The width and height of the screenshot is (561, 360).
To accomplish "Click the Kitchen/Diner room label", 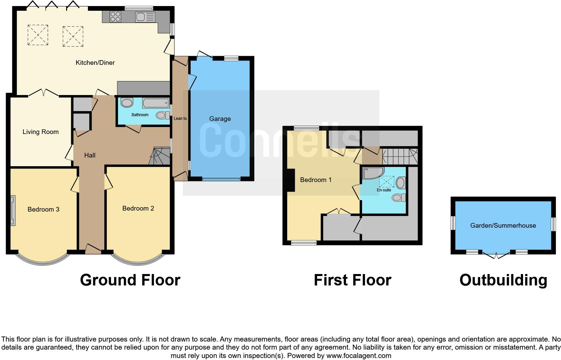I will click(x=95, y=63).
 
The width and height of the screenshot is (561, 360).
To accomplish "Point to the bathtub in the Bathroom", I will click(x=155, y=103).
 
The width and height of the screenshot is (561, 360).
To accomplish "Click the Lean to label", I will click(x=180, y=119).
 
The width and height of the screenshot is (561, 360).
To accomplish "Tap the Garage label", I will click(x=220, y=119).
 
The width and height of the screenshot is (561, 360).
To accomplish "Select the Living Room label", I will click(x=41, y=132).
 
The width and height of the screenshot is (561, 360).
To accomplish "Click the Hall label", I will click(x=90, y=155).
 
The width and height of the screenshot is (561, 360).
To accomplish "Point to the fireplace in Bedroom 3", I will click(x=13, y=211).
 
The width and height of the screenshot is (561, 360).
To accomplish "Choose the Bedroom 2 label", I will click(x=138, y=209).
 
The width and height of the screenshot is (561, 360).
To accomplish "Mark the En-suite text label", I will click(x=384, y=190).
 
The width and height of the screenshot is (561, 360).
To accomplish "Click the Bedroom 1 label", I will click(x=315, y=180).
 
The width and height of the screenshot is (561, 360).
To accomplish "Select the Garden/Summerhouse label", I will click(x=503, y=226).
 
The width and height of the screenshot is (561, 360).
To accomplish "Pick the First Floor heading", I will click(x=352, y=280).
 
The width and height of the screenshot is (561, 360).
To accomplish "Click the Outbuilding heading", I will click(x=503, y=280).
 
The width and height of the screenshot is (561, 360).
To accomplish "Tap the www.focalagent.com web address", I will click(x=359, y=356).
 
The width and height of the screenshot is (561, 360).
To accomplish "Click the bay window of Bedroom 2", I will click(x=138, y=261).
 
